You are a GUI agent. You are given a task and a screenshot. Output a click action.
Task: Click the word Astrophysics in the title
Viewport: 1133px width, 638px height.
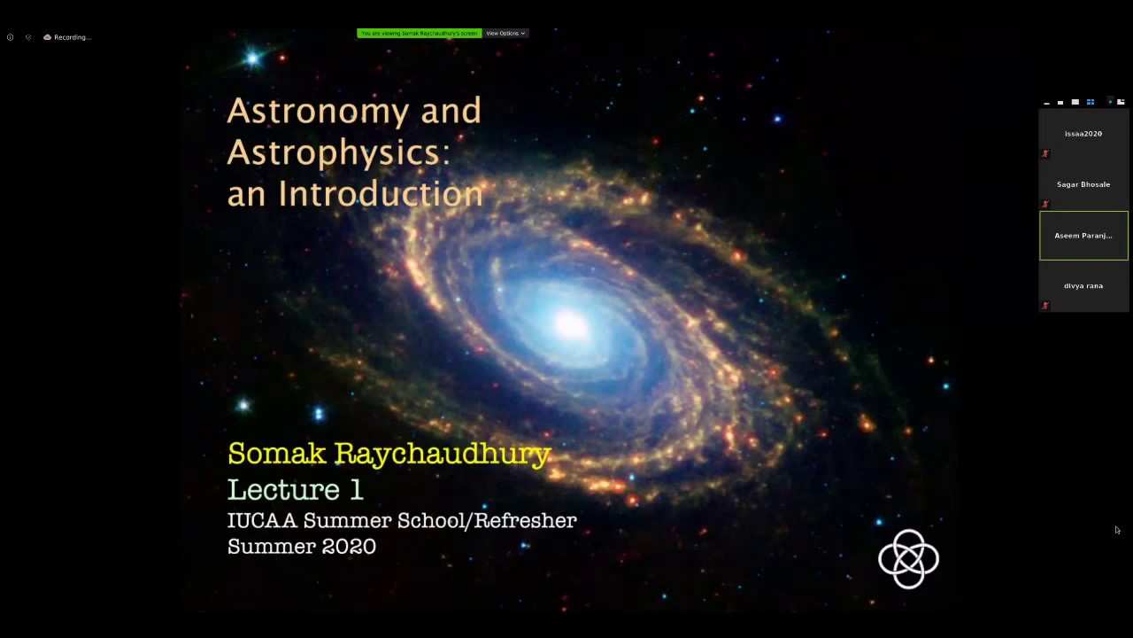tap(338, 153)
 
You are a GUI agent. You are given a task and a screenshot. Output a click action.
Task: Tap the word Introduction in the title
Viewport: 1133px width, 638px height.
tap(381, 194)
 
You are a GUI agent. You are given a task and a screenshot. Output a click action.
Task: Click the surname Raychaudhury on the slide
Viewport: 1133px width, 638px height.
tap(454, 455)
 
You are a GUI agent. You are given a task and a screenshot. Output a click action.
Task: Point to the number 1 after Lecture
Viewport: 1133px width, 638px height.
tap(356, 489)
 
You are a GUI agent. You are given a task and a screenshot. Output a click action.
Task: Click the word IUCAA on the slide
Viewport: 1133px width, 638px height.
tap(261, 520)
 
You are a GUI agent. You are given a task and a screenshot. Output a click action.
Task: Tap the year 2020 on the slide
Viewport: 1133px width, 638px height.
tap(349, 547)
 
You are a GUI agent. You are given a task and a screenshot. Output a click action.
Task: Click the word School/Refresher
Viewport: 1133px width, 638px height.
tap(489, 520)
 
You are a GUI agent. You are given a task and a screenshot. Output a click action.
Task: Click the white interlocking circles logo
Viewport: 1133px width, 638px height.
tap(908, 558)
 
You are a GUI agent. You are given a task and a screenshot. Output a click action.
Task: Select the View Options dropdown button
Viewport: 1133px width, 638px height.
tap(505, 34)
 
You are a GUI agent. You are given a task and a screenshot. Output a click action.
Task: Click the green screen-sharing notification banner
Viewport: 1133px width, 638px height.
tap(419, 34)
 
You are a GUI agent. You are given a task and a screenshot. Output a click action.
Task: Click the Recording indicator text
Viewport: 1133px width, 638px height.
tap(72, 37)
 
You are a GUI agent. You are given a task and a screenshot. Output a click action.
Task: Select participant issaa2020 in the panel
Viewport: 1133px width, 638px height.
tap(1083, 134)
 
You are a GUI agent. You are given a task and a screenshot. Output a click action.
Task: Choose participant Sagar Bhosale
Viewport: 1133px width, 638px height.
tap(1083, 184)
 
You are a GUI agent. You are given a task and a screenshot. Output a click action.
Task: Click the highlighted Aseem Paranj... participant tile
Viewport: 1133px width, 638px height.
tap(1083, 236)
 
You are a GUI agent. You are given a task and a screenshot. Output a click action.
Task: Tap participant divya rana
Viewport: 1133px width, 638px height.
tap(1083, 286)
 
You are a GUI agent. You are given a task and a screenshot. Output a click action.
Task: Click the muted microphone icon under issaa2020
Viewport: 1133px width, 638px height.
tap(1045, 153)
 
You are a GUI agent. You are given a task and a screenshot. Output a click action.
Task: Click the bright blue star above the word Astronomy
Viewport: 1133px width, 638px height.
tap(252, 58)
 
